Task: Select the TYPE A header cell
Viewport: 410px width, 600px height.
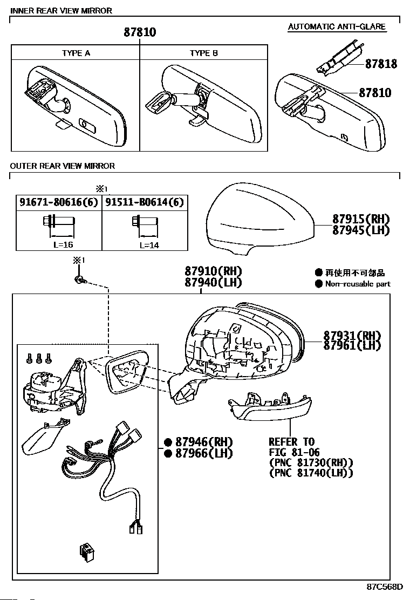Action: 76,53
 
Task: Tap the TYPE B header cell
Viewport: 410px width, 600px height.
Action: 203,53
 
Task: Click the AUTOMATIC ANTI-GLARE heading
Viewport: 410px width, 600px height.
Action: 337,26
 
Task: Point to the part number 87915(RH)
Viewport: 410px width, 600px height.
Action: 361,219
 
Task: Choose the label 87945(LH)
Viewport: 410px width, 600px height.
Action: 360,230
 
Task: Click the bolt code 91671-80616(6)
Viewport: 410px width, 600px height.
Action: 59,202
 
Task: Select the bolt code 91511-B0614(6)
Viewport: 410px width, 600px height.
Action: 144,202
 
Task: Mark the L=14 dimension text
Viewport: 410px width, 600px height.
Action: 148,244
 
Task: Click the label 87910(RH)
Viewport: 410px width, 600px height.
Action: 213,271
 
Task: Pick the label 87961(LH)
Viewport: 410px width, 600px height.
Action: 352,345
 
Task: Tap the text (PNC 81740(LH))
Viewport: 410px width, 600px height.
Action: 311,473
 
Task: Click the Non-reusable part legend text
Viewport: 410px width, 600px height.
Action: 357,284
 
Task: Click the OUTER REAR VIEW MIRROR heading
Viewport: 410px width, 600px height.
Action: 63,166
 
